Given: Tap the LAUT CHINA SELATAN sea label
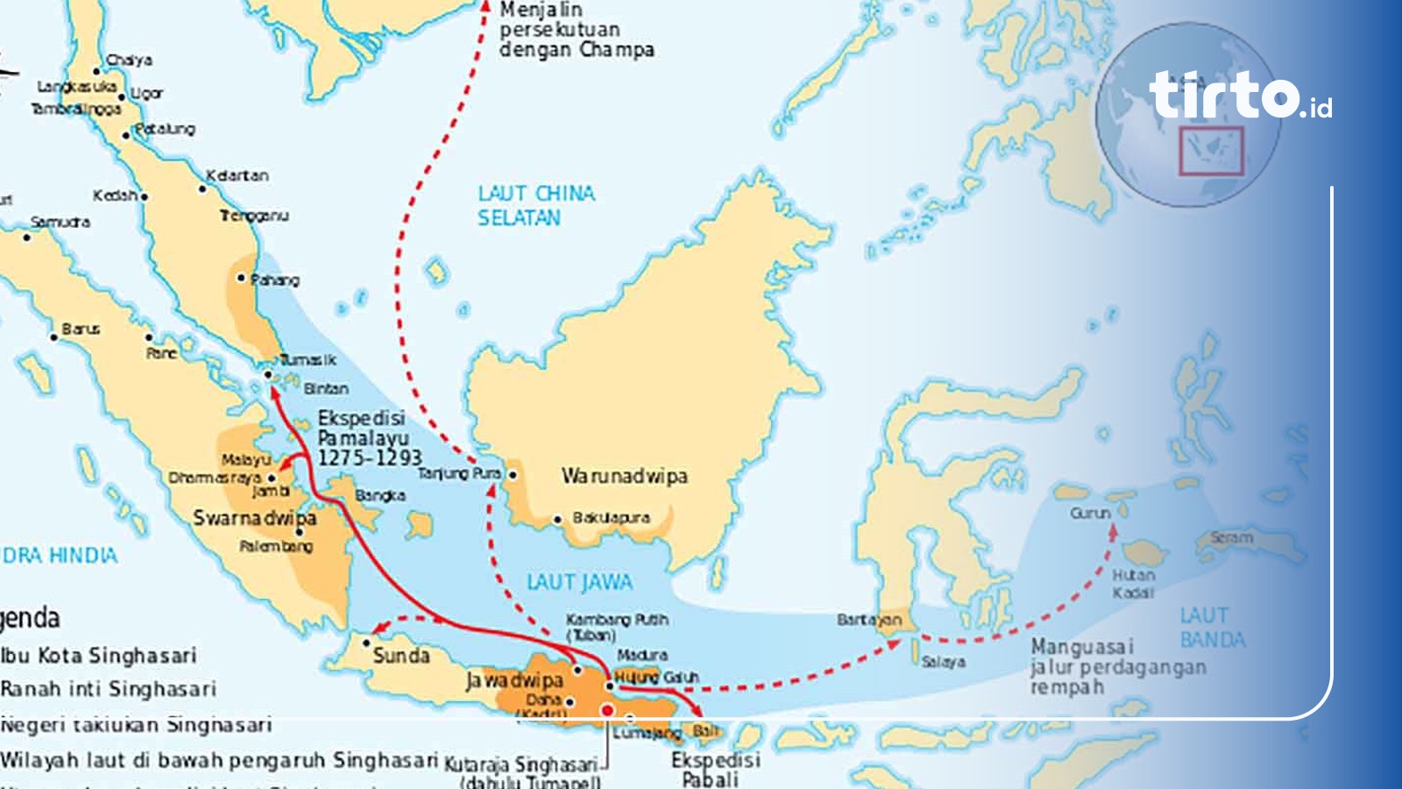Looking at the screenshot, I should pyautogui.click(x=535, y=205).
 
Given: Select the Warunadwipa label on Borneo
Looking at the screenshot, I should pyautogui.click(x=624, y=476).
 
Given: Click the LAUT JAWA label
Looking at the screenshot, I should pyautogui.click(x=579, y=582).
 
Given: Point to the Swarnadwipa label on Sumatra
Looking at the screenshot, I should pyautogui.click(x=254, y=518).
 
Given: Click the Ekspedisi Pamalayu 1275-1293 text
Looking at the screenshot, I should pyautogui.click(x=368, y=437).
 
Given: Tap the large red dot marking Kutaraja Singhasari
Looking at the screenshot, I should pyautogui.click(x=606, y=710).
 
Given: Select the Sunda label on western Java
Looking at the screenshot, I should pyautogui.click(x=401, y=656).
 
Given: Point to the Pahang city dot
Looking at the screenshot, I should pyautogui.click(x=242, y=278).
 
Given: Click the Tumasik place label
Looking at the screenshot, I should pyautogui.click(x=308, y=359).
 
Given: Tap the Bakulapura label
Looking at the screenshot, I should pyautogui.click(x=611, y=518).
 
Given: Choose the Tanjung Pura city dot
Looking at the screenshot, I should pyautogui.click(x=513, y=474).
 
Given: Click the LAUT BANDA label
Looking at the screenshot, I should pyautogui.click(x=1212, y=628).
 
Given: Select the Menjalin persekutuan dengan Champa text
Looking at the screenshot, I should pyautogui.click(x=576, y=30).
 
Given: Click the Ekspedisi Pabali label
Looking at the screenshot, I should pyautogui.click(x=714, y=770).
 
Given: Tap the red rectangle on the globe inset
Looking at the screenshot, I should pyautogui.click(x=1211, y=151).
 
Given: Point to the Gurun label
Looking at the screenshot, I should pyautogui.click(x=1090, y=513).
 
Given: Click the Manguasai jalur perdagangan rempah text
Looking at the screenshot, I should pyautogui.click(x=1118, y=666).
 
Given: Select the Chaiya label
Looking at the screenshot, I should pyautogui.click(x=129, y=60).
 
